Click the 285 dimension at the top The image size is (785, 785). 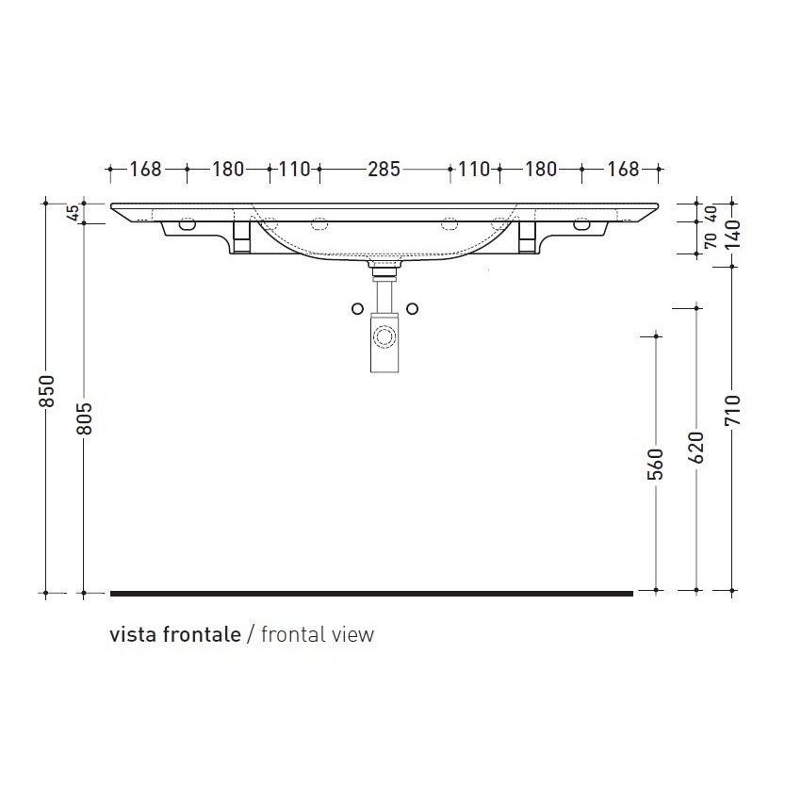pos(384,171)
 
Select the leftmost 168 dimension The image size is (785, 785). pos(146,171)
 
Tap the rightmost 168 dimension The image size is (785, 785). pos(623,171)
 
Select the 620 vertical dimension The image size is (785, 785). pos(696,448)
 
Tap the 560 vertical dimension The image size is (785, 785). pos(657,464)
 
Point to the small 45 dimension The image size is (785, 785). pos(73,213)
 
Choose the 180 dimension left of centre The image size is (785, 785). pos(228,171)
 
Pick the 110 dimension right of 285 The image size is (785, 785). pos(474,171)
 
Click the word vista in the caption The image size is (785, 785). pos(133,634)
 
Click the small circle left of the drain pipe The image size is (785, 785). pos(356,309)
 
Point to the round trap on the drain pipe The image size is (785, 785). pos(384,336)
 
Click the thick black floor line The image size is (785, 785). pos(371,594)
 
